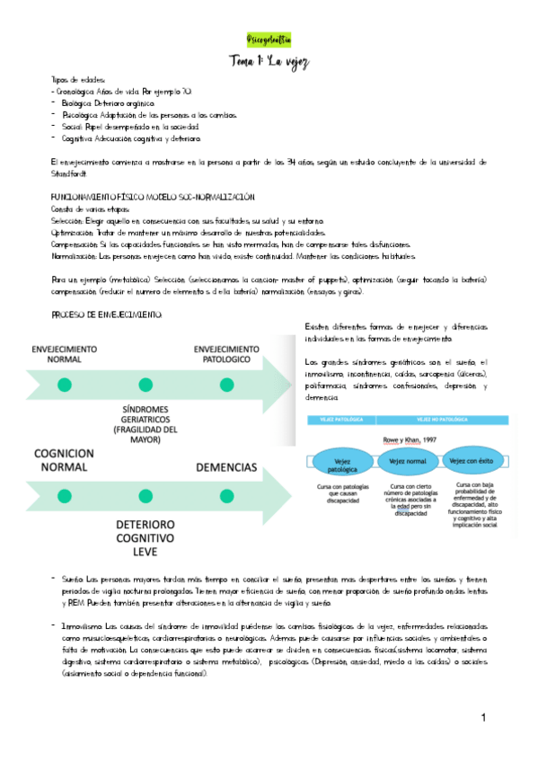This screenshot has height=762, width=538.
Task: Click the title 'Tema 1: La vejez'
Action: click(x=269, y=60)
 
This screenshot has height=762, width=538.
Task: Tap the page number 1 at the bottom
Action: click(x=482, y=718)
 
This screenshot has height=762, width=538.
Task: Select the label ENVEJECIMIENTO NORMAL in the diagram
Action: click(x=64, y=353)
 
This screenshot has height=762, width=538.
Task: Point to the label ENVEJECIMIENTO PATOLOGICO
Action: click(x=225, y=353)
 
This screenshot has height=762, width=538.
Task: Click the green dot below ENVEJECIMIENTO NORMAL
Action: click(x=64, y=385)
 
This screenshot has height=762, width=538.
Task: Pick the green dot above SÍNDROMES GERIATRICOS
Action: click(x=144, y=385)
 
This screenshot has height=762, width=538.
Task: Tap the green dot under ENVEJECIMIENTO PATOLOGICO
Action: click(x=225, y=385)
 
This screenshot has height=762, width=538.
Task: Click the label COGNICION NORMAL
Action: click(x=63, y=460)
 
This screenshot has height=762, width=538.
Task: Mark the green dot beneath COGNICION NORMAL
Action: click(x=65, y=497)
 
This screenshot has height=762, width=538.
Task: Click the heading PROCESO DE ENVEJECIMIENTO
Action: click(x=94, y=315)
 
